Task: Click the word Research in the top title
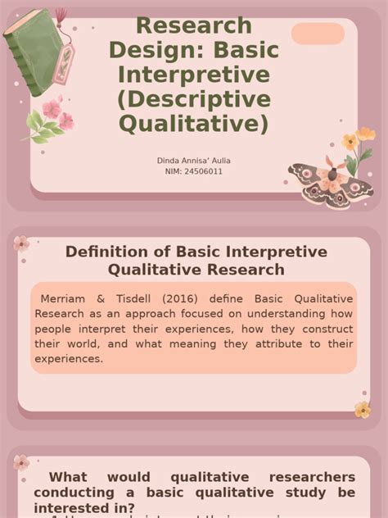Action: pos(193,25)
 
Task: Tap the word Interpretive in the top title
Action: pos(193,75)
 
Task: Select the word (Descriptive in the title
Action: pos(193,99)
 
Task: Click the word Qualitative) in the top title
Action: pos(193,124)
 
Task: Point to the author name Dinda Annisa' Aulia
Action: pos(193,161)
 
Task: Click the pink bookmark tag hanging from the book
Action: pos(63,64)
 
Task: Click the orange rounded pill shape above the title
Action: pos(318,34)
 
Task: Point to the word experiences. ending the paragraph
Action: pos(69,358)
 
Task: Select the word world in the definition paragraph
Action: pos(81,343)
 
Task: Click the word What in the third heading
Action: pos(68,477)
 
